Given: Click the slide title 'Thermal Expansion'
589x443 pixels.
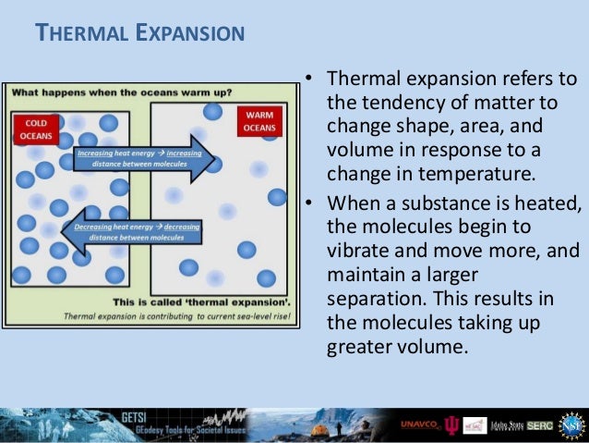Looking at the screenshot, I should coord(139,34).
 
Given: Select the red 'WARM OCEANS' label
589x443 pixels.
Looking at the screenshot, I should coord(258,120).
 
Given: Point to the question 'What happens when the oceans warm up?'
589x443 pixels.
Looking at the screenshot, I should coord(121,92).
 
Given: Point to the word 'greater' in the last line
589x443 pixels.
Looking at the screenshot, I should coord(361,349).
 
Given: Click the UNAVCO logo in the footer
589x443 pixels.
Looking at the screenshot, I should coord(421,425).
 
